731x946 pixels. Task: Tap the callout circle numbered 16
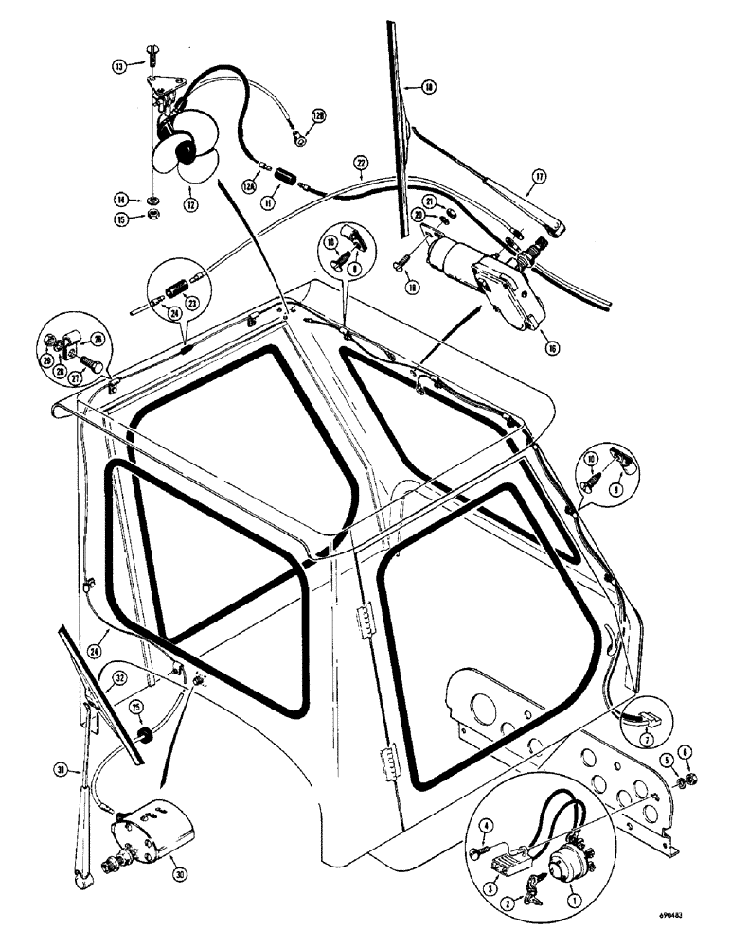[x=552, y=347]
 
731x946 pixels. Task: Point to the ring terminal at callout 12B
[x=299, y=140]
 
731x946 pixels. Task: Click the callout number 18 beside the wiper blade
[x=429, y=88]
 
